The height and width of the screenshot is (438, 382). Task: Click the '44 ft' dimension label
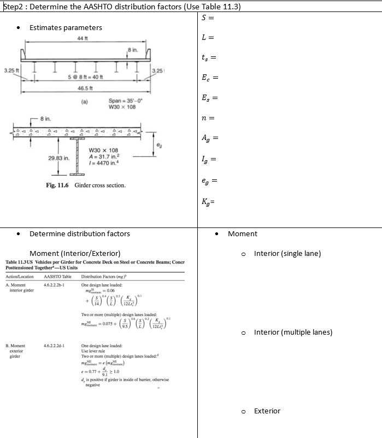click(82, 37)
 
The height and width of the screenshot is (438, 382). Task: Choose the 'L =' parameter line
click(208, 38)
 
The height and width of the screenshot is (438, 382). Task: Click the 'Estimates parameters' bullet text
click(66, 27)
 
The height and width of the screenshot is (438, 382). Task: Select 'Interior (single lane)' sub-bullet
click(287, 253)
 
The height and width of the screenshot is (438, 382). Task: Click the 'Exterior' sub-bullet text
click(267, 411)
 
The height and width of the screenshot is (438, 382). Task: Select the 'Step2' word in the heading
click(13, 7)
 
